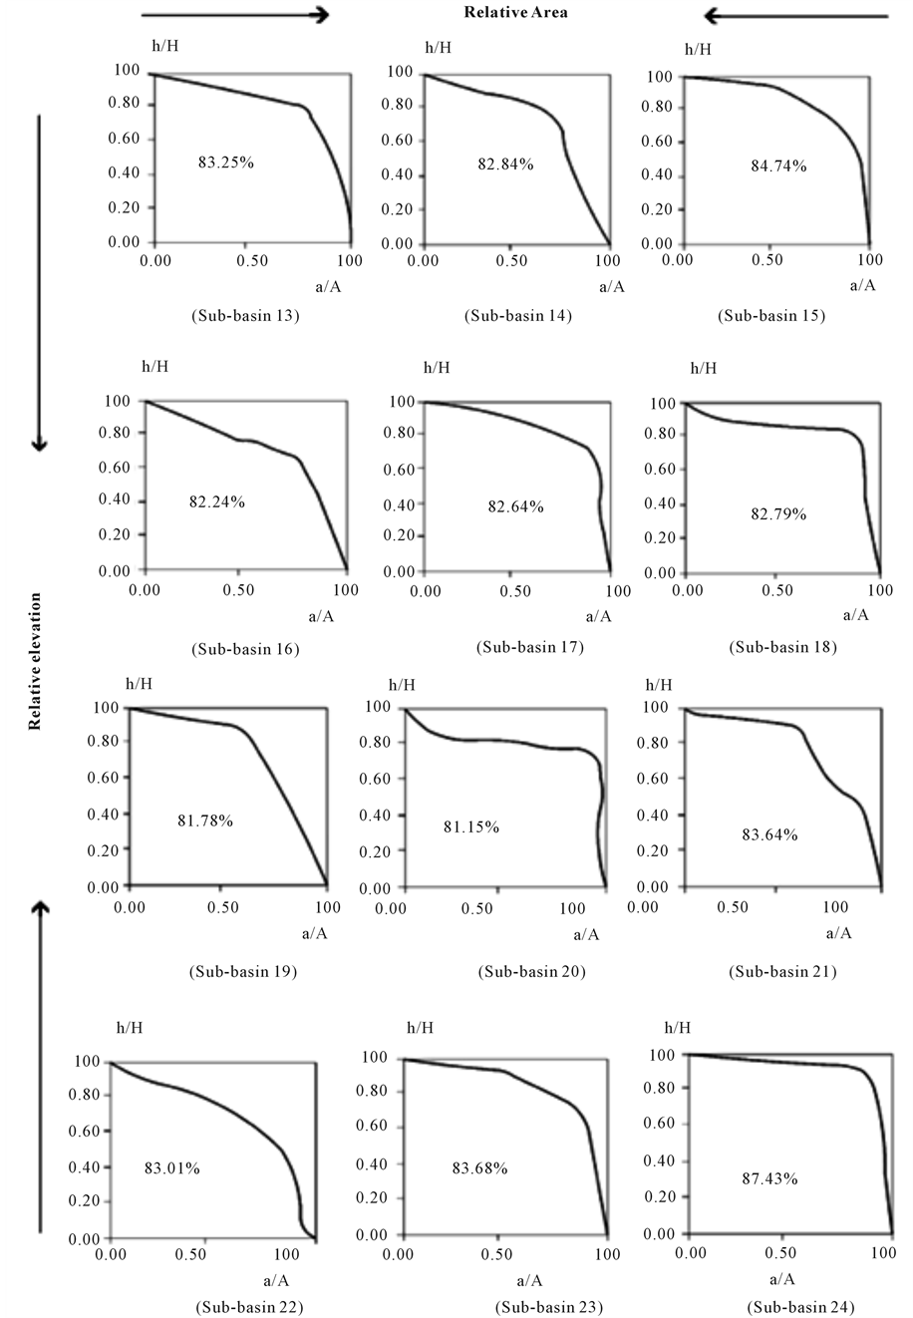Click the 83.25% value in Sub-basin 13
pos(225,160)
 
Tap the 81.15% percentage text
pos(471,827)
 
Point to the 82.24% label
pos(216,501)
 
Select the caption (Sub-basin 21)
pos(782,971)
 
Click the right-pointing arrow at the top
pos(235,14)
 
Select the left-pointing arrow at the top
pos(794,15)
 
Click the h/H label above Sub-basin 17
pos(437,368)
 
